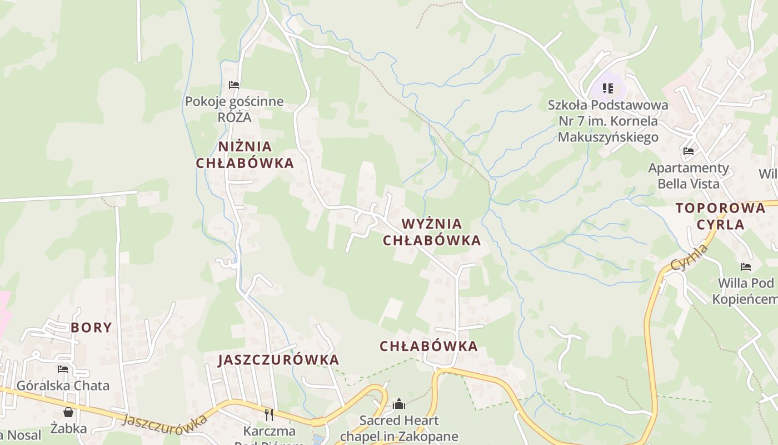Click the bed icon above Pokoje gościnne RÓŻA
(x=234, y=85)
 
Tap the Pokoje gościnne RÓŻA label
(x=234, y=109)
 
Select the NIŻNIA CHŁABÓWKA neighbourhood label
(x=245, y=155)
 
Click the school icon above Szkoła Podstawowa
(x=608, y=88)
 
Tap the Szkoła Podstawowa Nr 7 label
(x=608, y=121)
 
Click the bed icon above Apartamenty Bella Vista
(x=689, y=151)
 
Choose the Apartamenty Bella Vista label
(x=689, y=175)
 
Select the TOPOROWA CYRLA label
(x=720, y=216)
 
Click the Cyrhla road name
(x=690, y=258)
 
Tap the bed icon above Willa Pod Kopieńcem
(x=746, y=267)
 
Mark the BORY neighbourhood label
(x=91, y=327)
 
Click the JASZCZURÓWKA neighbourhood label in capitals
(x=278, y=359)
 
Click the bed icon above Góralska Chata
(x=63, y=369)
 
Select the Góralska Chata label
(x=63, y=385)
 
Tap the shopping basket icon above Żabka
(x=68, y=412)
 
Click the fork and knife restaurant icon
(x=269, y=414)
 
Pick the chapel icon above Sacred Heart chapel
(x=398, y=404)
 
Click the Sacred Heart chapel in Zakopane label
(x=398, y=428)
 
